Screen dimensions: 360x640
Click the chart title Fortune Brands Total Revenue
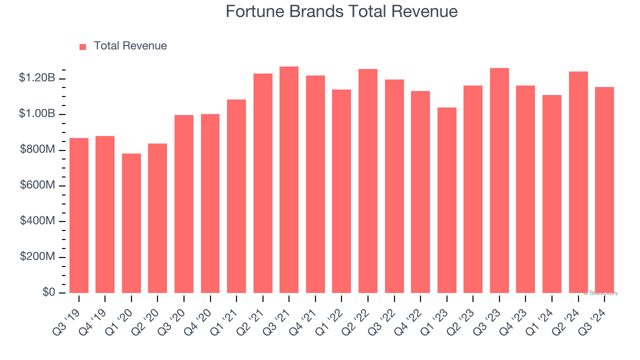pos(341,11)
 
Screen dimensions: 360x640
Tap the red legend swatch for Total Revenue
pos(83,46)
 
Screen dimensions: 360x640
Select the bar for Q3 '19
pos(79,215)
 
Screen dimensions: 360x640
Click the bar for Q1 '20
pos(131,223)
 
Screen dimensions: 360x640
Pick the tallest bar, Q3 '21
pos(289,180)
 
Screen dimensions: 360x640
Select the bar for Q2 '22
pos(368,181)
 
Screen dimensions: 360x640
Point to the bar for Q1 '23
pos(446,200)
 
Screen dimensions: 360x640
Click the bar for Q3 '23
pos(499,180)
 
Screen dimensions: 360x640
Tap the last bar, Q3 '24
pos(604,190)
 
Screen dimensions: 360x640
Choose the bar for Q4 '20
pos(210,203)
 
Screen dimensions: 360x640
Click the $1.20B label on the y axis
pos(37,78)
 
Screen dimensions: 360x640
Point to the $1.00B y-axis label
pos(37,114)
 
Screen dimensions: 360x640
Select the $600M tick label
pos(37,185)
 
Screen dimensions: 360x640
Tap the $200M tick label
pos(37,256)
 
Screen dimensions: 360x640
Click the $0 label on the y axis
pos(48,292)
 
